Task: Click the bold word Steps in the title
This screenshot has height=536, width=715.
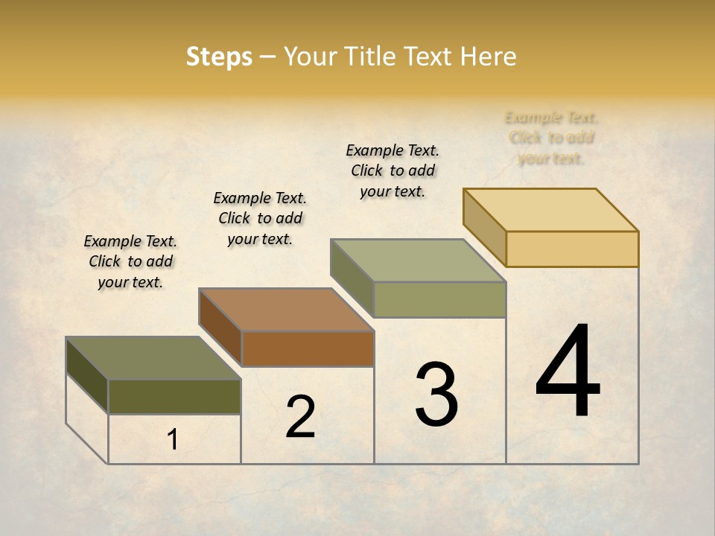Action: coord(219,57)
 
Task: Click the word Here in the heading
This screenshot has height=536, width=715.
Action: coord(488,57)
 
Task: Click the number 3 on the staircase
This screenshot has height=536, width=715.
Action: coord(436,394)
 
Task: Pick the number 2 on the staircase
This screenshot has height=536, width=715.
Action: coord(300,417)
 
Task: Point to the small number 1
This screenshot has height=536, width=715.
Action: coord(172,440)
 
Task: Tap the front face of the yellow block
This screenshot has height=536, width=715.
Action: coord(572,249)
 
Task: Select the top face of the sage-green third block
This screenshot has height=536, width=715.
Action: coord(419,261)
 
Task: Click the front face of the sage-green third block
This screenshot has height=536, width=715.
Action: coord(439,299)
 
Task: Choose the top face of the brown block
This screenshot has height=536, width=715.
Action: coord(286,310)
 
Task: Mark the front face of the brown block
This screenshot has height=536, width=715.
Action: coord(307,348)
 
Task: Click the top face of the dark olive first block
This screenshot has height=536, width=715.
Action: coord(153,358)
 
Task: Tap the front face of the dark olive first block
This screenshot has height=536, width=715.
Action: coord(174,396)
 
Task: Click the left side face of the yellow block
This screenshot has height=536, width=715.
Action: coord(485,228)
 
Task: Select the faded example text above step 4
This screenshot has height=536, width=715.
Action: coord(551,138)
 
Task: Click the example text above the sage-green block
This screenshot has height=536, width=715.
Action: coord(393,170)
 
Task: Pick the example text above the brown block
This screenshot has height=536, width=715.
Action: coord(260,218)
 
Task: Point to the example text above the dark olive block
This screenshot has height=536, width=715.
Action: coord(130,261)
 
